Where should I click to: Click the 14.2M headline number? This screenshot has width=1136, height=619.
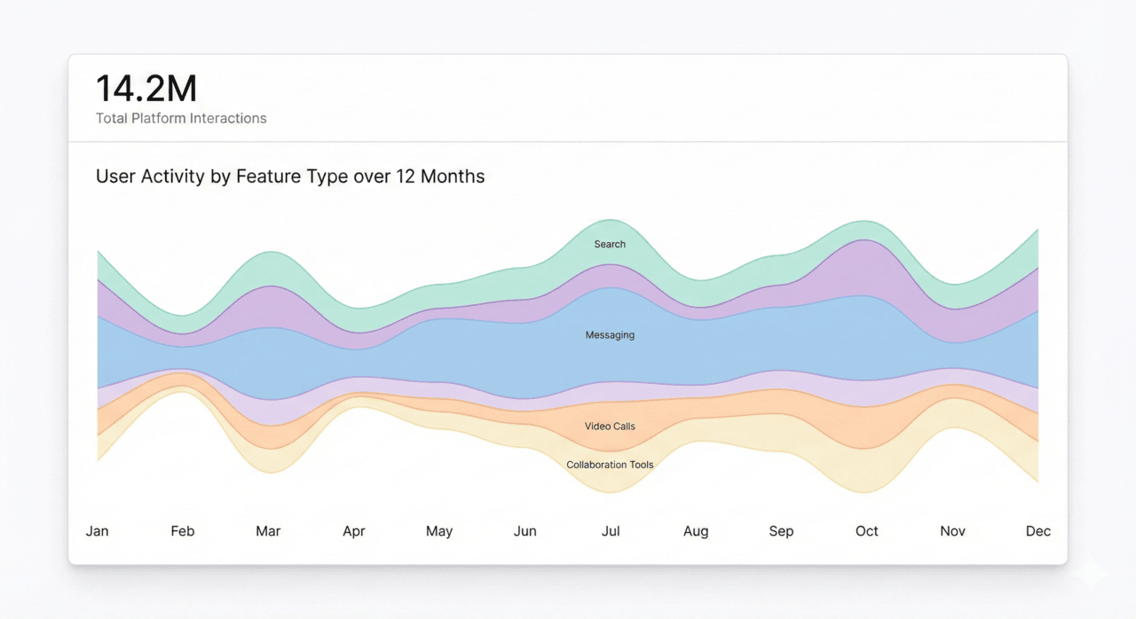146,90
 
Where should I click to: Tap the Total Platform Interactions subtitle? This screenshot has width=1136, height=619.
181,118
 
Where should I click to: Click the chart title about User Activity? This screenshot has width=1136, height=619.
290,176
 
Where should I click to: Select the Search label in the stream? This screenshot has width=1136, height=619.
610,244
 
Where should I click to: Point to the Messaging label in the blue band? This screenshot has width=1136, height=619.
610,335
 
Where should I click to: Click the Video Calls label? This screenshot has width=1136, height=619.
610,427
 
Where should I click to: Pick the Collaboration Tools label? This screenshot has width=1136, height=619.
610,465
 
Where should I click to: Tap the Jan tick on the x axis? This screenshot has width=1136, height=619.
97,531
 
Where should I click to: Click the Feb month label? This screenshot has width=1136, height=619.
182,531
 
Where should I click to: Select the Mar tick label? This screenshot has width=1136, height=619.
268,531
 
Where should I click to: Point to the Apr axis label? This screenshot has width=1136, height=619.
353,531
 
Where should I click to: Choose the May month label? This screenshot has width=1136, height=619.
439,531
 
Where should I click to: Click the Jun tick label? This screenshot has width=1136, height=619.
525,531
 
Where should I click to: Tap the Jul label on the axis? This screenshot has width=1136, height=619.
611,531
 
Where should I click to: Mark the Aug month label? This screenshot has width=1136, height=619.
696,531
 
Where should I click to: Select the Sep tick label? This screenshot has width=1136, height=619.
781,531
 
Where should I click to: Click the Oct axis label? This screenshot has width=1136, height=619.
867,531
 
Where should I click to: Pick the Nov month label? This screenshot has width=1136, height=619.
952,531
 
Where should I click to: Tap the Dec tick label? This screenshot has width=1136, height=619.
1038,531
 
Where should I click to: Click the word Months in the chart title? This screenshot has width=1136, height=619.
453,176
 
